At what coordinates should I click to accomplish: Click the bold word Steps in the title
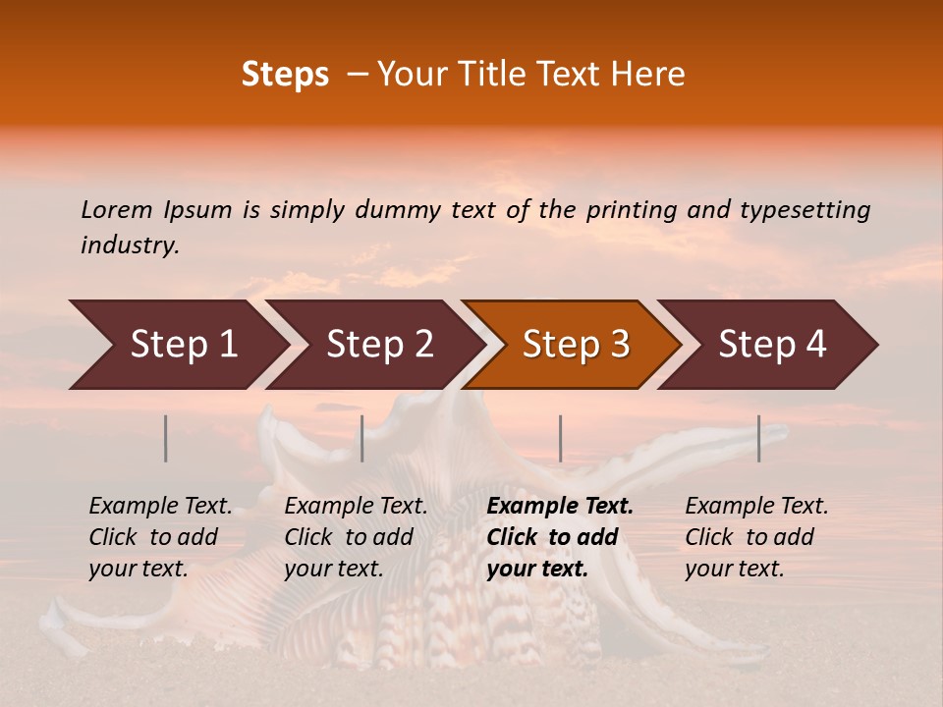pos(285,75)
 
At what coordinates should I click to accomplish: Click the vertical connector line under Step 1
pos(166,438)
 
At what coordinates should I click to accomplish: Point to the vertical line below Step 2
pos(362,438)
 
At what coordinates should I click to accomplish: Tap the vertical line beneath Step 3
pos(561,438)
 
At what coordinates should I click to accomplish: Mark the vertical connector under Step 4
pos(759,438)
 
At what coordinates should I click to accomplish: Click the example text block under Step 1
pos(160,537)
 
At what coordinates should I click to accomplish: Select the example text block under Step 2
pos(356,537)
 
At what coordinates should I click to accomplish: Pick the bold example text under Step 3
pos(560,537)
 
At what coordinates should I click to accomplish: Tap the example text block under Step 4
pos(756,537)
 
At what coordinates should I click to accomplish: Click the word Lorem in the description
pos(116,209)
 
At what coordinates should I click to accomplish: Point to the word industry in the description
pos(130,245)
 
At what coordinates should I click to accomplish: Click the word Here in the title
pos(653,75)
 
